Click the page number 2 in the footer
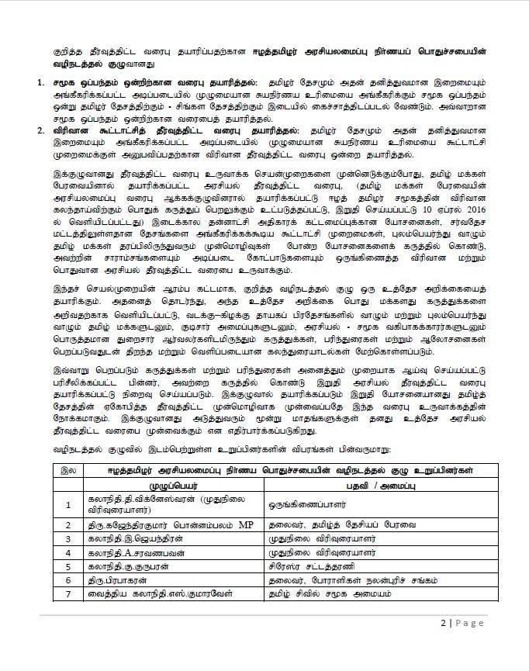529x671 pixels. click(441, 623)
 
